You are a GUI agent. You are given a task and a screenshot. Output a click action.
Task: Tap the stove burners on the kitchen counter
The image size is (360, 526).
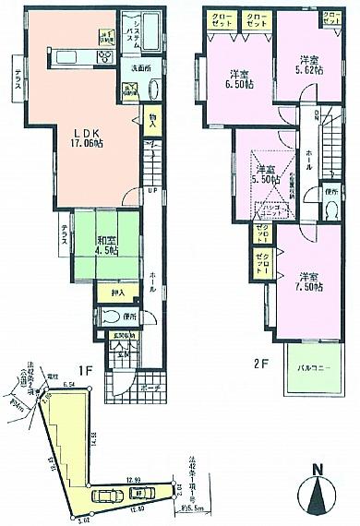tap(104, 58)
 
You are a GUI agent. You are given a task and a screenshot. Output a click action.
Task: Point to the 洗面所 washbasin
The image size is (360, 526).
tap(153, 90)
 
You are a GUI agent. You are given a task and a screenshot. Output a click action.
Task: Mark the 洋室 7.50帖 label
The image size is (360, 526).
tap(308, 281)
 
